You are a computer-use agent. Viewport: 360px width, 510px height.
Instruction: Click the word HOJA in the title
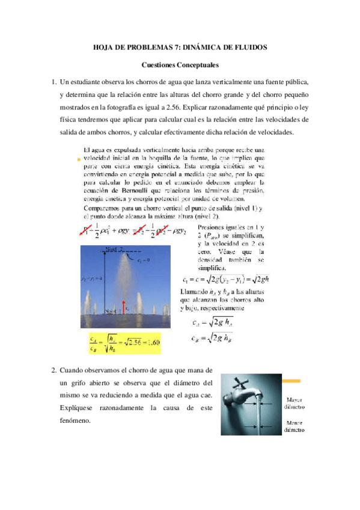106,46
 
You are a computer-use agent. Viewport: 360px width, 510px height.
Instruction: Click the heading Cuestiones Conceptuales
179,64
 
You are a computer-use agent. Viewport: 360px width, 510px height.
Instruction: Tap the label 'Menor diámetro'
294,426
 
